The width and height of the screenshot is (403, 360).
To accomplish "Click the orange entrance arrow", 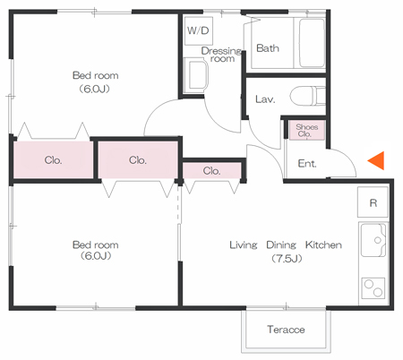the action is pos(376,160).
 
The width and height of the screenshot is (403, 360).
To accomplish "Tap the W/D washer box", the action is pos(199,30).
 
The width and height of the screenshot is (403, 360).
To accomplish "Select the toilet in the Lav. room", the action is pos(307,96).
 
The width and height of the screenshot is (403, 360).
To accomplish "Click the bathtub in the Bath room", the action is pos(312,43).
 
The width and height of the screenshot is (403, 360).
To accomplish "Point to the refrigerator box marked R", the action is pos(373,202).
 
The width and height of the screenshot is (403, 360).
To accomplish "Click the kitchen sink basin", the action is pos(373,240).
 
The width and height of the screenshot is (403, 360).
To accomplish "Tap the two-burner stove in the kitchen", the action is pos(373,288).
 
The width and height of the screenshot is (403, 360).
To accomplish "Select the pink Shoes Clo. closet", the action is pos(307,130).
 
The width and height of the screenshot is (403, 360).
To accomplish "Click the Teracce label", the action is pos(286,330).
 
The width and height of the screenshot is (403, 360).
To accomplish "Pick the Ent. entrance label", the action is pos(307,164).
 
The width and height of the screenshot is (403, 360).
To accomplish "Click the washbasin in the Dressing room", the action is pos(196,75).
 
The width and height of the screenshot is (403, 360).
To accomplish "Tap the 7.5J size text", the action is pos(287,259).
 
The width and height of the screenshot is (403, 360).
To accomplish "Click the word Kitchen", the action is pos(323,245).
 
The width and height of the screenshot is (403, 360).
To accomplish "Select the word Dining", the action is pos(281,245).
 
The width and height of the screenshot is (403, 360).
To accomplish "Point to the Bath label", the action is pos(268,48).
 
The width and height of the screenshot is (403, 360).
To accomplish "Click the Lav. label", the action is pos(265,99).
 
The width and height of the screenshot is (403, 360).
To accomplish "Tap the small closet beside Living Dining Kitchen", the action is pos(211,171).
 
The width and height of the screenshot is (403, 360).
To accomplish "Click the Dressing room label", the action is pos(221,55).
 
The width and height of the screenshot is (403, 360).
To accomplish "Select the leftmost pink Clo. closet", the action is pos(53,160).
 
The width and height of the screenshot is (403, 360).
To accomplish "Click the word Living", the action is pos(244,245).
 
